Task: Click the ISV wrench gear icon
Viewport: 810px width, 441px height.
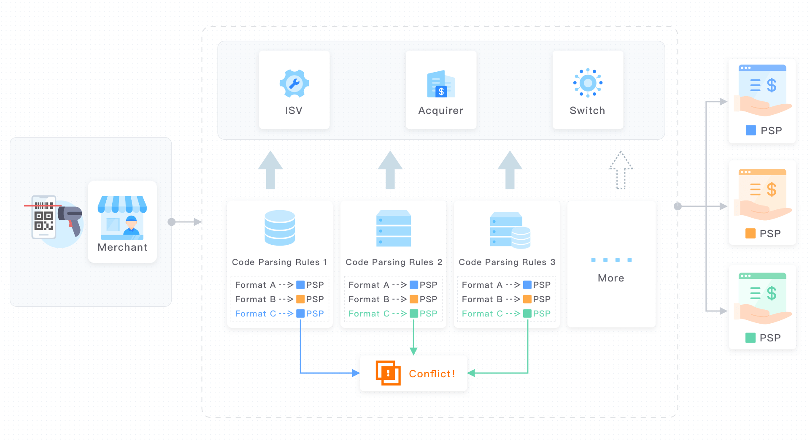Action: [294, 84]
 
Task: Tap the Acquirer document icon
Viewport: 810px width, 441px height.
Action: [441, 84]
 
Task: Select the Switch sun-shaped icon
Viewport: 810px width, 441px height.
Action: [588, 83]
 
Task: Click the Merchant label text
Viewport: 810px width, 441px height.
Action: [122, 247]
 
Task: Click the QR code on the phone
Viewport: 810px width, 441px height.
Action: [44, 221]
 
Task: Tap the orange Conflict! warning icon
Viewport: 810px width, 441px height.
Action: [388, 373]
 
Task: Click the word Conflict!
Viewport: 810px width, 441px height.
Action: [432, 374]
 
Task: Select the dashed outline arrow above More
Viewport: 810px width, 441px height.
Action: [620, 170]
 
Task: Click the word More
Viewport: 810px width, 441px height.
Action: [611, 278]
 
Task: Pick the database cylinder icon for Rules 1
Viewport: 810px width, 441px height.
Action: [280, 227]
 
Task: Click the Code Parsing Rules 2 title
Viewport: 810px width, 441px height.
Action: [394, 262]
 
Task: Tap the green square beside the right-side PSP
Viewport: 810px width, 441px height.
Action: [751, 338]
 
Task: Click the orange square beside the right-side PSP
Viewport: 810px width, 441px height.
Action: [751, 233]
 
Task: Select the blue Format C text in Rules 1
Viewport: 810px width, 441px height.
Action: [255, 314]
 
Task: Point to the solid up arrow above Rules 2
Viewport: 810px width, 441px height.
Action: [390, 170]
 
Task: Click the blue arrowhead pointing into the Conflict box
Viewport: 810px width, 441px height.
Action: [356, 373]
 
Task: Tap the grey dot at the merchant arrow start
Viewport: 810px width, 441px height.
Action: [172, 222]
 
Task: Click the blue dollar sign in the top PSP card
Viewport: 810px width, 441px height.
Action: [772, 86]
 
